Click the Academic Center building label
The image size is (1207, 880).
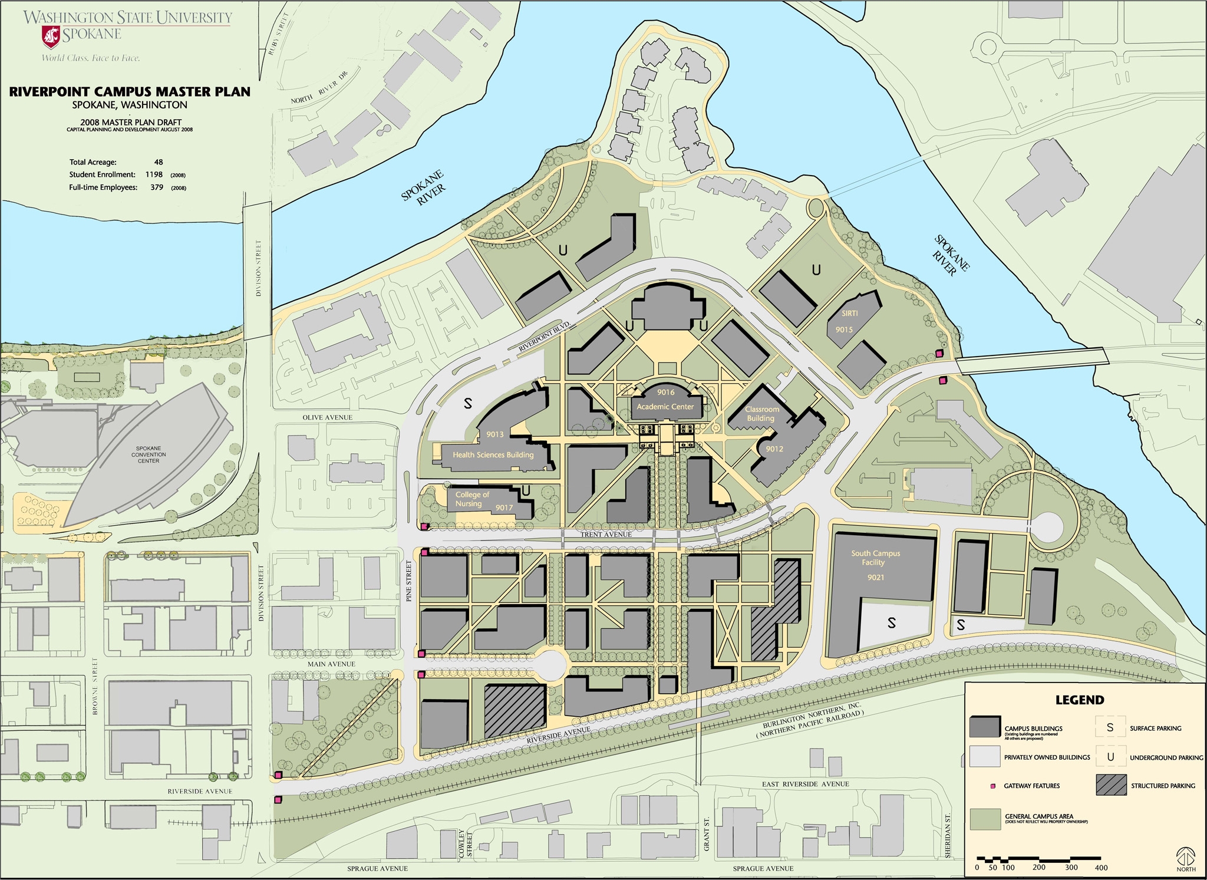665,407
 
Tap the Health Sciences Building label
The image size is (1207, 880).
493,454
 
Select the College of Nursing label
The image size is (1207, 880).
471,499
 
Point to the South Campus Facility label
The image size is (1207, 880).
875,558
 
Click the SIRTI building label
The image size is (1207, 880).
849,314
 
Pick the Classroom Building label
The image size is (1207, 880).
761,414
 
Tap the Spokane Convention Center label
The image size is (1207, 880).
149,454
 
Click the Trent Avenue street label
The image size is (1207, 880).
606,535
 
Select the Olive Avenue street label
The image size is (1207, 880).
327,417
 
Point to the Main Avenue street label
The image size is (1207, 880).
331,664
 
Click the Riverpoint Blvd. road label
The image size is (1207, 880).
545,337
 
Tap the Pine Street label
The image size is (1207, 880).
409,581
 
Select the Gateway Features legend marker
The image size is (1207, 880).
993,786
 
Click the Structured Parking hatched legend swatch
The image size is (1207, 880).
1111,785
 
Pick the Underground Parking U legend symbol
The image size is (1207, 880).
1110,757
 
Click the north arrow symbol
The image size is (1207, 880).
1186,856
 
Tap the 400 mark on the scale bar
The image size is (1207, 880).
1101,868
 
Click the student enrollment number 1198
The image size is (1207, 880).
154,174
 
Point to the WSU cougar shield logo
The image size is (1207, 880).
51,37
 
